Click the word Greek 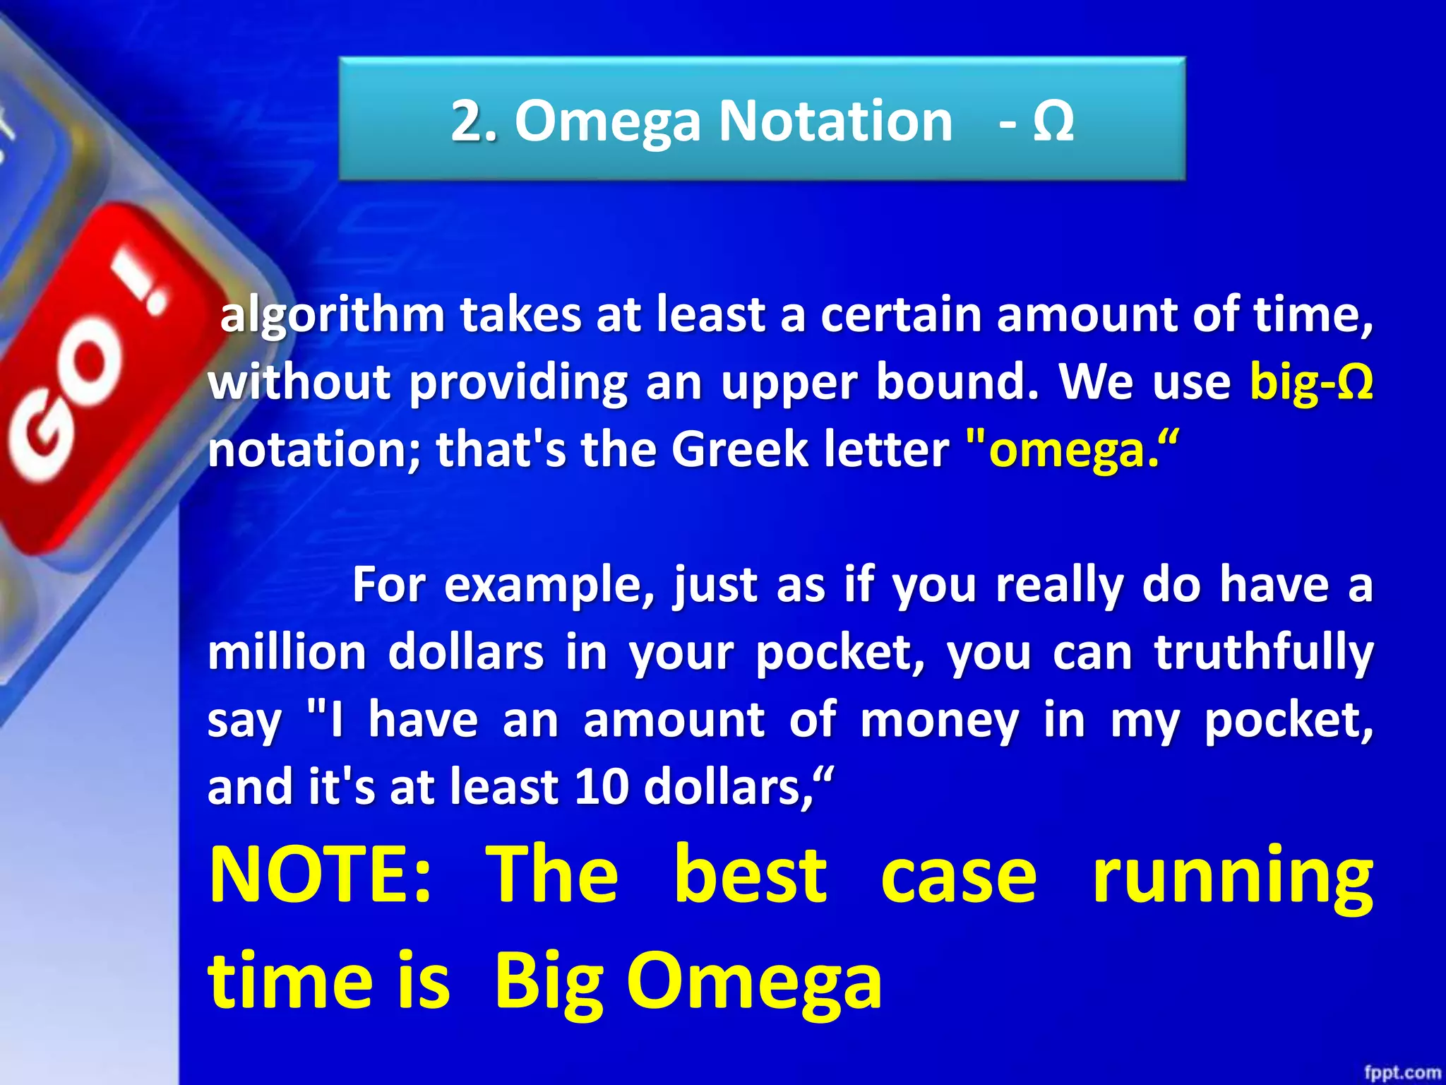pyautogui.click(x=740, y=450)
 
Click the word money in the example pyautogui.click(x=940, y=721)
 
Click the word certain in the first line pyautogui.click(x=901, y=314)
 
